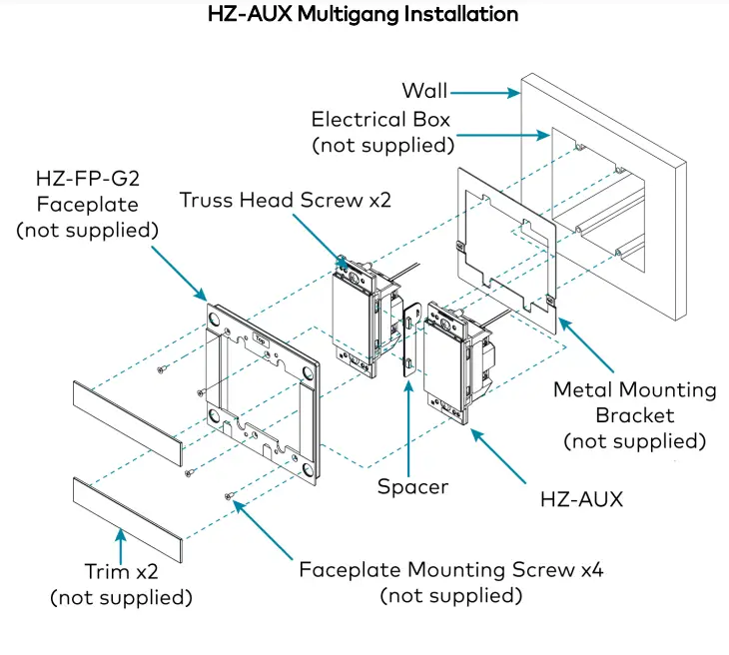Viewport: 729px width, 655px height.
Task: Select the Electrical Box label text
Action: point(380,132)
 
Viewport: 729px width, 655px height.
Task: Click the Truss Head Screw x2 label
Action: point(286,200)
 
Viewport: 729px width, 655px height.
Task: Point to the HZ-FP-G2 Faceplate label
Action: point(89,205)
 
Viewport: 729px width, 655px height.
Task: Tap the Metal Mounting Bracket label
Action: point(635,414)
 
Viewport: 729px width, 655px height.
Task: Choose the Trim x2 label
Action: point(121,585)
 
